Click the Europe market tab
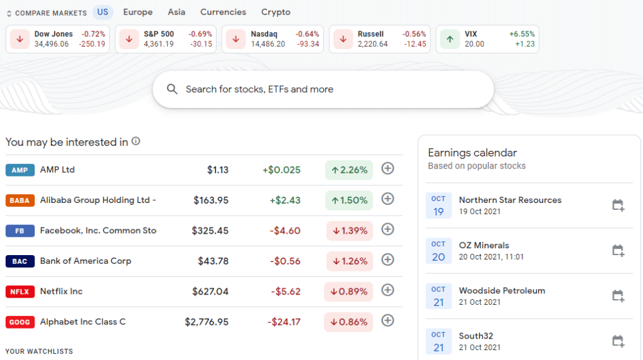coord(138,12)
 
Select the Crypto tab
coord(276,12)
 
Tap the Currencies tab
coord(223,12)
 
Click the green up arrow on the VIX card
coord(450,39)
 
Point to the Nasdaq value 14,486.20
coord(268,44)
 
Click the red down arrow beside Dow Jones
coord(19,39)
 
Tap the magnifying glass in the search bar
coord(172,89)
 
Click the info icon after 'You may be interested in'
coord(136,141)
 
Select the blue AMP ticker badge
coord(19,170)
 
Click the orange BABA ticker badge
coord(19,200)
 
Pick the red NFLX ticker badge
coord(19,292)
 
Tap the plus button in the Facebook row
coord(388,229)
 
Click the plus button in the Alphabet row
coord(388,320)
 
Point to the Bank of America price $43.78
coord(213,261)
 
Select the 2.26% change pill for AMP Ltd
coord(349,170)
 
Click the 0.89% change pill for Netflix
coord(349,292)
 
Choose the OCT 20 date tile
coord(438,251)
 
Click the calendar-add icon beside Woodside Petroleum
coord(618,296)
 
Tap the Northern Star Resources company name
coord(510,200)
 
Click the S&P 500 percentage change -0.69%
coord(200,34)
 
